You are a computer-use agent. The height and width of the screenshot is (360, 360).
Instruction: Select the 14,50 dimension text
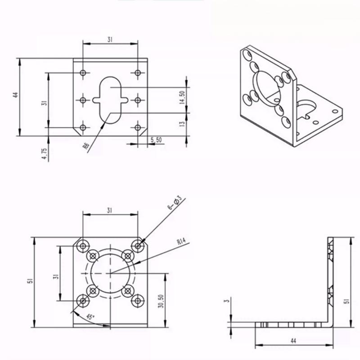point(182,98)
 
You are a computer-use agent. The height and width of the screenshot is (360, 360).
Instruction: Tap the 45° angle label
point(90,317)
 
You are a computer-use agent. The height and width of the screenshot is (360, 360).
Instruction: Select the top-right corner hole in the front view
point(138,245)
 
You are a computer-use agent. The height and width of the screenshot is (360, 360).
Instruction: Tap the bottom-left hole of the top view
point(83,128)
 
